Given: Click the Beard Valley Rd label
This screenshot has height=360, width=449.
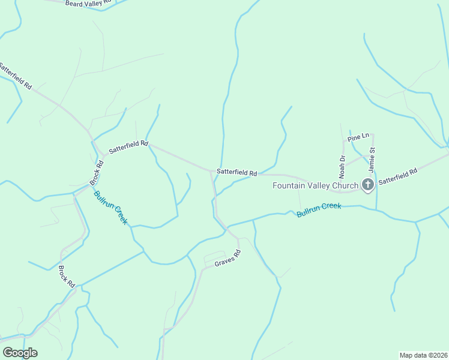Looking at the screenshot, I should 88,3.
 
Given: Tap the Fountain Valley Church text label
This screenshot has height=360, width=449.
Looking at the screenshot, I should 315,185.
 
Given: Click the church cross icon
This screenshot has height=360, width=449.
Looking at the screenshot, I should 368,185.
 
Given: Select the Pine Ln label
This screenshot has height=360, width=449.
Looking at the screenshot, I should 357,138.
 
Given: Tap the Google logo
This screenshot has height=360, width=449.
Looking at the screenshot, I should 20,353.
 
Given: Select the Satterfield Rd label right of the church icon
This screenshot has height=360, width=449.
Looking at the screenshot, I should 398,177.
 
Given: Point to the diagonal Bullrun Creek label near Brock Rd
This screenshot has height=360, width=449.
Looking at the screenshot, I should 110,208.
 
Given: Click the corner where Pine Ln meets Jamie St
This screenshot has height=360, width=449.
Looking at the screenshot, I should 373,134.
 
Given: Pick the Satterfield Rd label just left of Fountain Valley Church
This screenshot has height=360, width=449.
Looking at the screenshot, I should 237,172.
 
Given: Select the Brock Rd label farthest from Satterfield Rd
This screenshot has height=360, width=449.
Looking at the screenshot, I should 66,275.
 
